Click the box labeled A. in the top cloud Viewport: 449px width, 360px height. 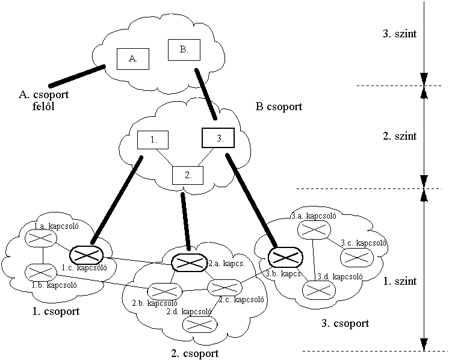133,58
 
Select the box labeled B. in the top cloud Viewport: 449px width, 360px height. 183,50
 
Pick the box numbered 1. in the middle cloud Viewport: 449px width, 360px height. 153,140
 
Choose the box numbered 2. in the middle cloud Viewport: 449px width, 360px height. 187,175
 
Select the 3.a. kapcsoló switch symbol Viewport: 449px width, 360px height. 314,229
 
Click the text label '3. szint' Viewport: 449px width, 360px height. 400,34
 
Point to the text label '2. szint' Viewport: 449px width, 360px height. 400,137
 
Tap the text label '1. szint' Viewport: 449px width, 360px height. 400,281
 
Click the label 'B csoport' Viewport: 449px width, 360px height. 279,107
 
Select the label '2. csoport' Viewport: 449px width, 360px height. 195,353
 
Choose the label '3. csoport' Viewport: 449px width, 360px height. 345,324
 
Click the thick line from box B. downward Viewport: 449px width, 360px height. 205,93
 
